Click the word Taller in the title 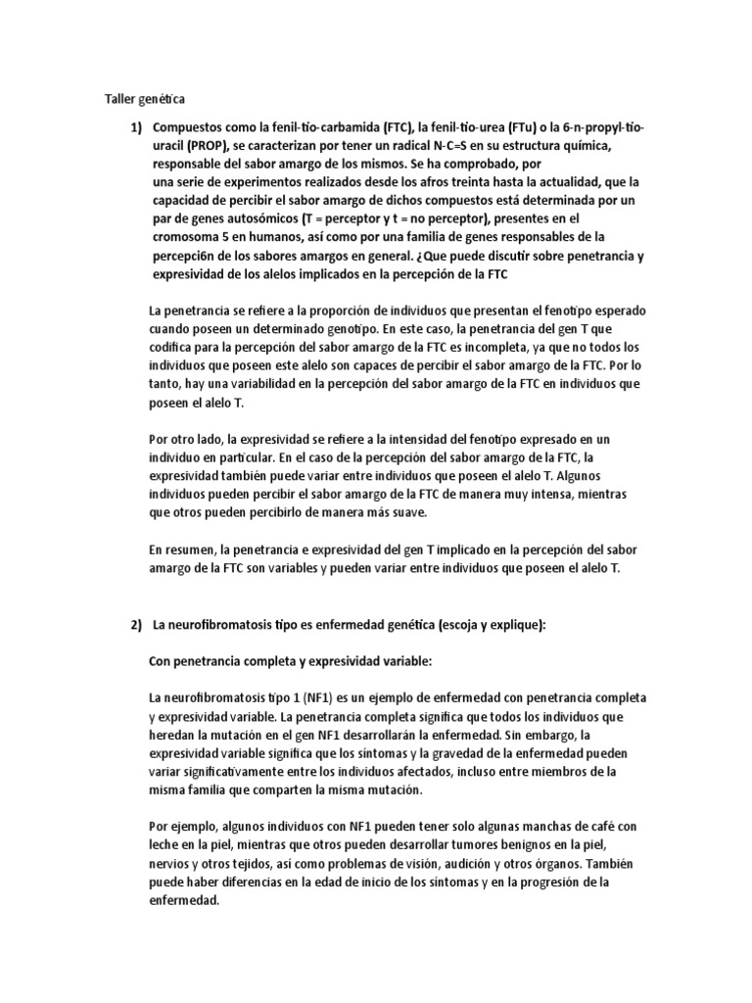(x=121, y=99)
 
